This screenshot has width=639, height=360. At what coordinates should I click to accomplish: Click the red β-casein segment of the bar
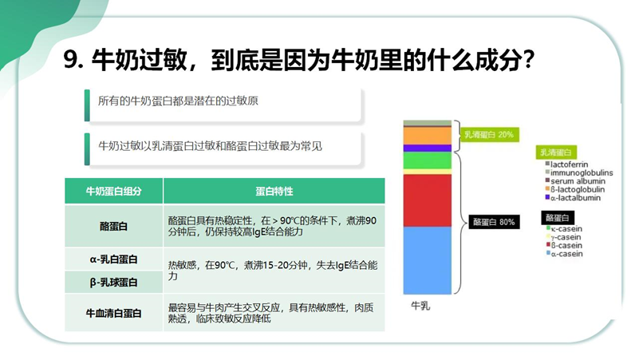pyautogui.click(x=428, y=200)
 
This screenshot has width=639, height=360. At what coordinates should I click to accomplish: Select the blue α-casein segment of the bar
pyautogui.click(x=428, y=260)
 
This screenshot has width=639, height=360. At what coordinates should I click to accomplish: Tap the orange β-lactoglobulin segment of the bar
pyautogui.click(x=428, y=136)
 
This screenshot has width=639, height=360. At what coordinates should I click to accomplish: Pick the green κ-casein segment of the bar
pyautogui.click(x=428, y=160)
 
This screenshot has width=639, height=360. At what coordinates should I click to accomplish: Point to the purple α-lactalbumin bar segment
pyautogui.click(x=428, y=148)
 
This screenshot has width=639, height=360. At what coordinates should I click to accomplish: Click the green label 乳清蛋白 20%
pyautogui.click(x=489, y=135)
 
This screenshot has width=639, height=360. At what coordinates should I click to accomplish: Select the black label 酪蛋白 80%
pyautogui.click(x=494, y=222)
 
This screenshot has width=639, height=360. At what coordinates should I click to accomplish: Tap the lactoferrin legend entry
pyautogui.click(x=566, y=164)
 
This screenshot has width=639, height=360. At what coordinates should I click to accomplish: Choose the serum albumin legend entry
pyautogui.click(x=575, y=181)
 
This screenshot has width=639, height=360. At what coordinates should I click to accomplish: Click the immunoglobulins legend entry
pyautogui.click(x=579, y=172)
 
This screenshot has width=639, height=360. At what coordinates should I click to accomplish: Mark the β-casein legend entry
pyautogui.click(x=564, y=245)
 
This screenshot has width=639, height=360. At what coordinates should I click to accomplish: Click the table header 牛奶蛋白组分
pyautogui.click(x=114, y=191)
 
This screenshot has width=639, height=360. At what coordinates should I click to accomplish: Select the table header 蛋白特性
pyautogui.click(x=274, y=191)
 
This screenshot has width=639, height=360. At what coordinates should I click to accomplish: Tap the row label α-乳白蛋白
pyautogui.click(x=114, y=259)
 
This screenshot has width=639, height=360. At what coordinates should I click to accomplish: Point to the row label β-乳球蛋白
pyautogui.click(x=114, y=282)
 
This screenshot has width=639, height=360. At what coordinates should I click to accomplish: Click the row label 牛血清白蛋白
pyautogui.click(x=114, y=313)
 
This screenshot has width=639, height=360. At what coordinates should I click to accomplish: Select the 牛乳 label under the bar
pyautogui.click(x=420, y=306)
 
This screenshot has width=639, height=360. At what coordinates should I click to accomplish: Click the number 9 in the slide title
pyautogui.click(x=70, y=60)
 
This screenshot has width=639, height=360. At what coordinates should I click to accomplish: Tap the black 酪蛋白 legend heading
pyautogui.click(x=558, y=218)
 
